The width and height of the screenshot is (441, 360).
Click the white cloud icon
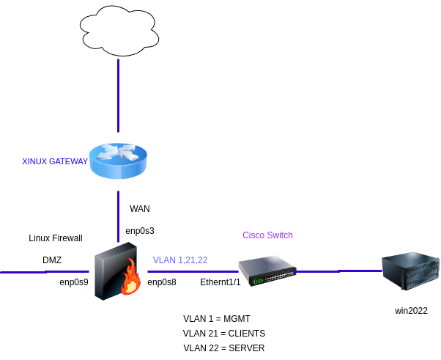119,30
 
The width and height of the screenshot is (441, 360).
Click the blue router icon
118,161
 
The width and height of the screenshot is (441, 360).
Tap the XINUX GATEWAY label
55,161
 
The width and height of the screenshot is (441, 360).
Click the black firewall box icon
114,271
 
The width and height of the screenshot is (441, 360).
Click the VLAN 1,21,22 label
180,260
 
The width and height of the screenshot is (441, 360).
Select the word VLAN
164,260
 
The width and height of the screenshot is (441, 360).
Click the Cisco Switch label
267,235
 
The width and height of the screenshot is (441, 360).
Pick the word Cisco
253,235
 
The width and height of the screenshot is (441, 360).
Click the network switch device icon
267,270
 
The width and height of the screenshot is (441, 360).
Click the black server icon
412,272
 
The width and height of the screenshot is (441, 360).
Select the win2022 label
411,311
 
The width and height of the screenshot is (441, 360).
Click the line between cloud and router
118,95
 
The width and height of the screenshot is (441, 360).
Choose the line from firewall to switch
190,271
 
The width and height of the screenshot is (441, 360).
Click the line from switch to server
338,271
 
